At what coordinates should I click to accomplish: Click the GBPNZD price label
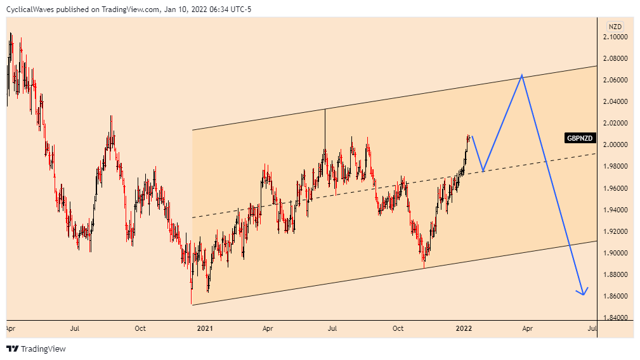580,138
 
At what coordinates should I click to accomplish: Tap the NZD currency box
615,27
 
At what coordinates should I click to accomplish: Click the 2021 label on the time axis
204,329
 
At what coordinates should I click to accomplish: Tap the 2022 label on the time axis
464,329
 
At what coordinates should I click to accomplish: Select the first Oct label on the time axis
140,329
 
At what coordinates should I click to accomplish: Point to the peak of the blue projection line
521,75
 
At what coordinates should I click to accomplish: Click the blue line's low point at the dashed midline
483,171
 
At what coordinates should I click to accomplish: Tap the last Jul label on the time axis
592,329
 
